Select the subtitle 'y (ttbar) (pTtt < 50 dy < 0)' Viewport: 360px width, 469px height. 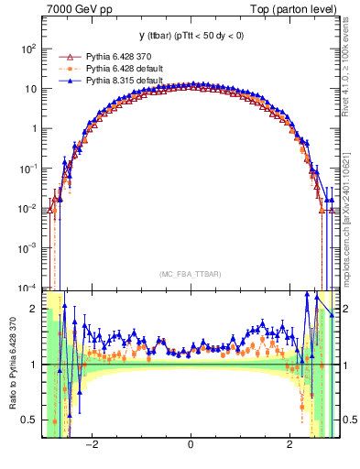pyautogui.click(x=190, y=37)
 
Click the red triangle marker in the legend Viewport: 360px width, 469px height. pyautogui.click(x=67, y=58)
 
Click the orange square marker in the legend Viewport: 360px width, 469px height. pyautogui.click(x=67, y=69)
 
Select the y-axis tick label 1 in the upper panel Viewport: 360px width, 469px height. pyautogui.click(x=34, y=129)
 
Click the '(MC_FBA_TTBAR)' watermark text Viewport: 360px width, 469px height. pyautogui.click(x=190, y=274)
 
